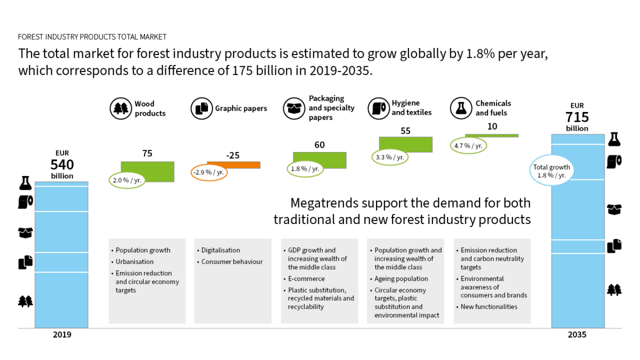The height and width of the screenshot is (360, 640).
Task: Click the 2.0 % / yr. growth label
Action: [127, 180]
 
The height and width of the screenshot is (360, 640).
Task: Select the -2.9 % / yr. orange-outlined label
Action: [209, 172]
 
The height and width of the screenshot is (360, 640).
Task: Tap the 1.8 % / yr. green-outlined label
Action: [306, 169]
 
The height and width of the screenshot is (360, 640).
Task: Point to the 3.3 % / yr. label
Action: [390, 157]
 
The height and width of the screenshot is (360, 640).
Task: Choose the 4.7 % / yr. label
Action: [468, 146]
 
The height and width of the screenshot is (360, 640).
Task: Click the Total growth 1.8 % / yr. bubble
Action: [551, 171]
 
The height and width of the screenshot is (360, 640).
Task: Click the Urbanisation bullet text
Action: [134, 262]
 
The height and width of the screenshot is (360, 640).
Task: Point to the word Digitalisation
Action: [220, 250]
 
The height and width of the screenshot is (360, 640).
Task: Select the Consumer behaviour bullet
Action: [231, 262]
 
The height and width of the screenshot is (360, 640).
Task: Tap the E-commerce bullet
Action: [306, 279]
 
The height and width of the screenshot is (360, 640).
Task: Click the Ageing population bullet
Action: [401, 279]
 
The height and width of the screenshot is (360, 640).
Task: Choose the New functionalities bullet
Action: [489, 307]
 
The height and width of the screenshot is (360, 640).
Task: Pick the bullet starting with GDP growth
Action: [317, 259]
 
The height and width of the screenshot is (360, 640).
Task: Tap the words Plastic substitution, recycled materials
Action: [320, 294]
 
